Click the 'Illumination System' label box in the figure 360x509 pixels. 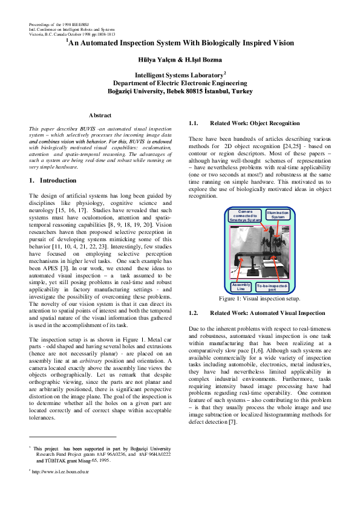[x=278, y=215]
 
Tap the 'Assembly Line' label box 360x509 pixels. [x=241, y=286]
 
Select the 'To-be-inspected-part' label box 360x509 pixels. [x=273, y=286]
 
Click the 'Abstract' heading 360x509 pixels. [x=100, y=115]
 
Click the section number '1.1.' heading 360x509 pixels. [x=195, y=123]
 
